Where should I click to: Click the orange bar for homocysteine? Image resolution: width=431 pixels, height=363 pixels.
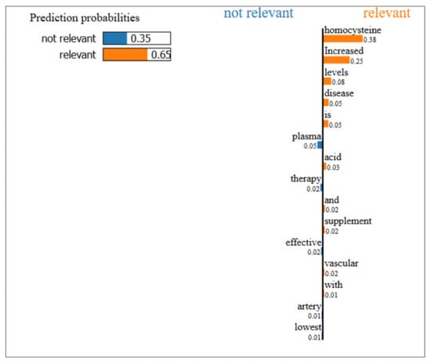343,39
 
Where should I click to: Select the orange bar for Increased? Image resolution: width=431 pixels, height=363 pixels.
336,60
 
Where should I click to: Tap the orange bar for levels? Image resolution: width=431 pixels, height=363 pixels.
328,81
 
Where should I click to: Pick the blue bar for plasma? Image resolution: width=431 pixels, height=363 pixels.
320,146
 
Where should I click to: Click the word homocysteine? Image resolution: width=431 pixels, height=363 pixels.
353,31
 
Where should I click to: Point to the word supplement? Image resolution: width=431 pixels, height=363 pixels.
348,221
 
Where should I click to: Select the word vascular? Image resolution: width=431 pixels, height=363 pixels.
341,264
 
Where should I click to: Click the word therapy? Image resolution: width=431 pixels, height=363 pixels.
306,179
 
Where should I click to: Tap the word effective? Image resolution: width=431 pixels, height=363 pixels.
303,243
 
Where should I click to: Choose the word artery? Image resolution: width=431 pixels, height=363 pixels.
310,307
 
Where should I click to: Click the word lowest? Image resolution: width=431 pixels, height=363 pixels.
308,327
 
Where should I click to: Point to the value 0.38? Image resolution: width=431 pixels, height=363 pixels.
370,40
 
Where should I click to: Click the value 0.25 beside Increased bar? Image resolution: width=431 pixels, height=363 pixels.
357,61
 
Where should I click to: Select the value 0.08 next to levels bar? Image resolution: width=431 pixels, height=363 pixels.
338,82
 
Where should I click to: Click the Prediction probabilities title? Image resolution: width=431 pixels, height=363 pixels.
85,18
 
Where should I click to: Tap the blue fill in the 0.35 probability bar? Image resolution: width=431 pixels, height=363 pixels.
115,38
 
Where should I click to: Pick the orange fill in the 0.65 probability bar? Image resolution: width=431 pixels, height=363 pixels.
125,54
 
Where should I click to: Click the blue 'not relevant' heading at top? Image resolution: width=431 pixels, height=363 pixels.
259,13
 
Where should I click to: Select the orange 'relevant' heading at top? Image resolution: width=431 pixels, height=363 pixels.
387,13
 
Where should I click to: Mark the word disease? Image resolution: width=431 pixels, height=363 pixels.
339,93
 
